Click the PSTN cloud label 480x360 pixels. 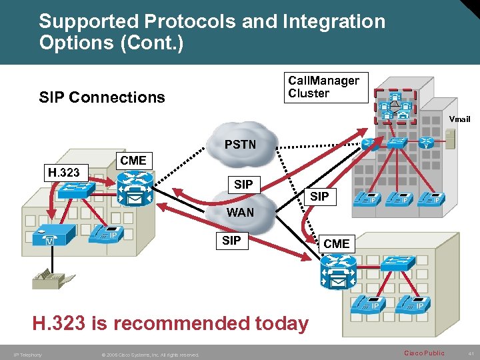click(x=240, y=144)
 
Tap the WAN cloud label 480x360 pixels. click(x=240, y=213)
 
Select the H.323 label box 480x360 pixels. click(x=63, y=173)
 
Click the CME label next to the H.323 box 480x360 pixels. click(x=133, y=161)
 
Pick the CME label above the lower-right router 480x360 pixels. click(x=336, y=244)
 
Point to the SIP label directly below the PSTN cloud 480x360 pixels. click(x=243, y=184)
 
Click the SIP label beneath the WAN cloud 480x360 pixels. click(x=231, y=241)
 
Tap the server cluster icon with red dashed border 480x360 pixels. click(x=395, y=106)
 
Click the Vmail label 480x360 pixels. click(x=459, y=119)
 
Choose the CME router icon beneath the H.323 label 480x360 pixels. click(x=135, y=187)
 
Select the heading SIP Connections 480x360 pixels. click(x=102, y=97)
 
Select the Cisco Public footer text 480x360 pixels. click(x=425, y=353)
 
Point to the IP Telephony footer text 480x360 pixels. click(x=27, y=355)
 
